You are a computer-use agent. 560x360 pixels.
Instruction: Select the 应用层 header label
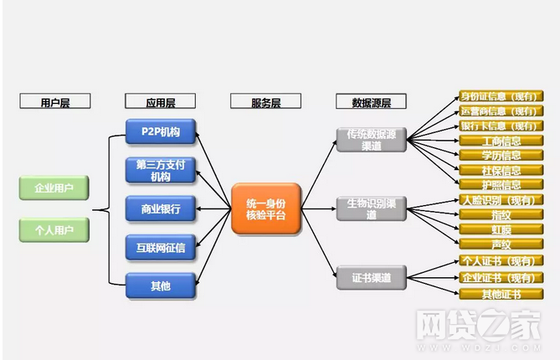160,102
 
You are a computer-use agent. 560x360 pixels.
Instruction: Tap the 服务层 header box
265,102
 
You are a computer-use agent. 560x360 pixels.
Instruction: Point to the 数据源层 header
371,102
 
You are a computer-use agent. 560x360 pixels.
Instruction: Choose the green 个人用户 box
54,229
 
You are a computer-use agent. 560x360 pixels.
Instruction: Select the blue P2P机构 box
161,131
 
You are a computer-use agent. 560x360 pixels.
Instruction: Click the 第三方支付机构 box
161,170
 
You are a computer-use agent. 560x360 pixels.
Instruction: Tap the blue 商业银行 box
161,208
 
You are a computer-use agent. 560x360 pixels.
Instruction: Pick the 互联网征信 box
161,247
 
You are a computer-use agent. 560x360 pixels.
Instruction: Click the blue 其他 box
161,285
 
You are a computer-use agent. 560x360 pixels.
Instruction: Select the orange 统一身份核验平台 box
265,208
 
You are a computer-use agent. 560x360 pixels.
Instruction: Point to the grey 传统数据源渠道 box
371,140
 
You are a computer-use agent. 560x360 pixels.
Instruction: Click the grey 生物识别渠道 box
371,208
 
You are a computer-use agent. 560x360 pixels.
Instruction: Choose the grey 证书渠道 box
371,277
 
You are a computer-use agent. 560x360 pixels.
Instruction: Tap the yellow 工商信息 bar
501,141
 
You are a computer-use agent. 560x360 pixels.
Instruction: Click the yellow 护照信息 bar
501,184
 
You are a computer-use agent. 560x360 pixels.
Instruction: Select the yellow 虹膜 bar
501,229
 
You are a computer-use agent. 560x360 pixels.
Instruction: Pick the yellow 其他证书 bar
501,294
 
